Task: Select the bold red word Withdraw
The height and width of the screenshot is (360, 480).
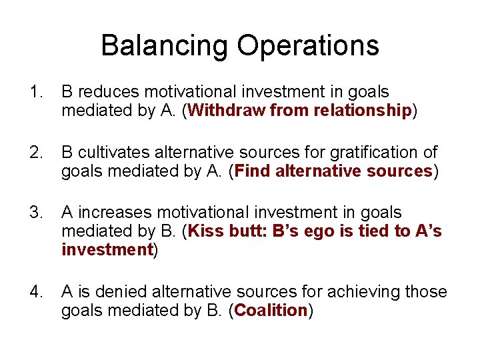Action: (227, 111)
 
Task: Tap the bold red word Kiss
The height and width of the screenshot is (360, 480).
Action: (206, 231)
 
